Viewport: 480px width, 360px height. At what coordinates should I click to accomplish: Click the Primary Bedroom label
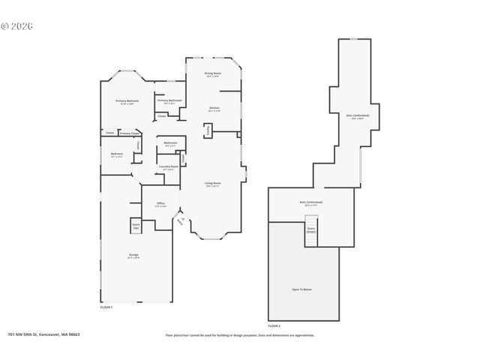127,102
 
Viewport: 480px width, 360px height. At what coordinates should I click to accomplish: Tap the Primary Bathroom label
169,101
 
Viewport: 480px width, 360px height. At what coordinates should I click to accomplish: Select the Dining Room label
212,74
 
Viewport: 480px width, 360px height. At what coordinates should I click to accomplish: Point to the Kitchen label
214,109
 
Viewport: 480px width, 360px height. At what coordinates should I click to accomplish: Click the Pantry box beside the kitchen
208,130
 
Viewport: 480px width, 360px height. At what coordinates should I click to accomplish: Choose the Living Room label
213,184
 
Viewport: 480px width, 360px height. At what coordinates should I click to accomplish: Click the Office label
160,204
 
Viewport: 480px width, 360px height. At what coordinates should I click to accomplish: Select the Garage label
133,256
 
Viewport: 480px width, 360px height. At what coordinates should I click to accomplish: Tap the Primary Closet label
130,133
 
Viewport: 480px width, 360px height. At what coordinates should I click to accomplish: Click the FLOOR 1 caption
106,307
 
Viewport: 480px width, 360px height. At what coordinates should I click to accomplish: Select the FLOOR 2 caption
274,326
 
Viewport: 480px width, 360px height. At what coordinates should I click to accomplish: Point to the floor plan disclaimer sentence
239,335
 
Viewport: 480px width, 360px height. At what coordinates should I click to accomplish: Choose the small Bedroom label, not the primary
117,155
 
